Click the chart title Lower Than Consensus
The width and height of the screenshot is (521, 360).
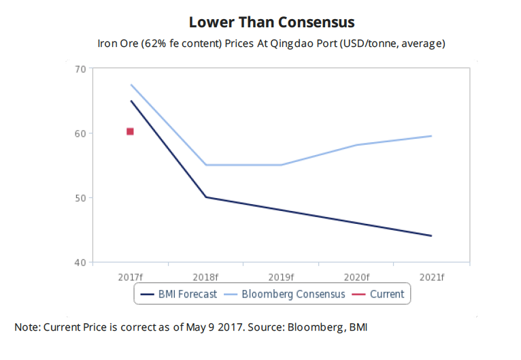(x=271, y=22)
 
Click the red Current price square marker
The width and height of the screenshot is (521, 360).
(x=130, y=131)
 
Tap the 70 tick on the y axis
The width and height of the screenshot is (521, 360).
(x=80, y=69)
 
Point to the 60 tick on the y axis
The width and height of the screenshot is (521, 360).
(x=80, y=133)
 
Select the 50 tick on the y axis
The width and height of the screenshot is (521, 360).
(x=80, y=198)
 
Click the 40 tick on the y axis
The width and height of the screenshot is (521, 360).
(x=80, y=263)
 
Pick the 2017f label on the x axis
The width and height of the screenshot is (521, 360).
(x=130, y=277)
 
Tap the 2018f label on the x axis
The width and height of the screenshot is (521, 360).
(x=205, y=277)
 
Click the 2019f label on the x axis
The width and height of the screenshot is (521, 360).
(x=281, y=277)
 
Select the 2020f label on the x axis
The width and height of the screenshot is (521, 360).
(x=356, y=277)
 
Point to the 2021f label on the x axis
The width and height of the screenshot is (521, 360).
(x=431, y=277)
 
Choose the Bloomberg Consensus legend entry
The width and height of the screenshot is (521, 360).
(x=285, y=294)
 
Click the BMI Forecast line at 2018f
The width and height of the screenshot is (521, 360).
(x=205, y=197)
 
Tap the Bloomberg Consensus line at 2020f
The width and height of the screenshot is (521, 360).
(x=356, y=145)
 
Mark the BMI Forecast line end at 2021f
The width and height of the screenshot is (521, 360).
(x=431, y=235)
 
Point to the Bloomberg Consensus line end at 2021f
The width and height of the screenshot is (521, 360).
(x=431, y=136)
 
